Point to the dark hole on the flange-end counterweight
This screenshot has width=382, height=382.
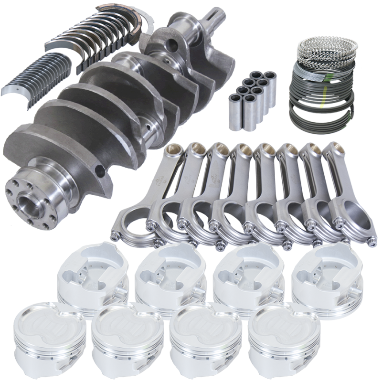tap(99, 170)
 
